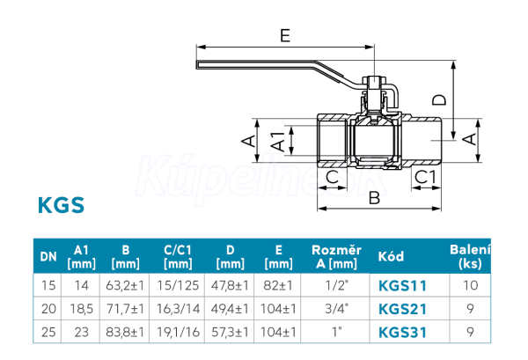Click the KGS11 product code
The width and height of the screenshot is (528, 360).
pyautogui.click(x=402, y=286)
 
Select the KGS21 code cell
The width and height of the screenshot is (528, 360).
pyautogui.click(x=402, y=309)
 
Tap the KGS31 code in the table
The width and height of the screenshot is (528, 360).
pyautogui.click(x=402, y=333)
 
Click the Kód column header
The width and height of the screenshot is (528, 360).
pyautogui.click(x=391, y=257)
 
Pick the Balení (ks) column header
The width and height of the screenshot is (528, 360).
pyautogui.click(x=470, y=257)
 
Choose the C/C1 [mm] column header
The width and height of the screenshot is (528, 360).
pyautogui.click(x=178, y=257)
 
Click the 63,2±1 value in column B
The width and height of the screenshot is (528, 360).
pyautogui.click(x=125, y=285)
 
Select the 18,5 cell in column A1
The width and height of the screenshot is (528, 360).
pyautogui.click(x=81, y=309)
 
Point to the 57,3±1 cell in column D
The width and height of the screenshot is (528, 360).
pyautogui.click(x=230, y=333)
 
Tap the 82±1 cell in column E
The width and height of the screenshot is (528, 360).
pyautogui.click(x=278, y=285)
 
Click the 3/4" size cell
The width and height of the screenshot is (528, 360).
pyautogui.click(x=336, y=309)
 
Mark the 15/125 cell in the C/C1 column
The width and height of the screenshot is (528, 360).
pyautogui.click(x=178, y=285)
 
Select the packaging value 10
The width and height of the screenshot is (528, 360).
pyautogui.click(x=470, y=285)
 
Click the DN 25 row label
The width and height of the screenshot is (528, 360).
pyautogui.click(x=48, y=333)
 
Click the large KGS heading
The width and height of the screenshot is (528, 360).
pyautogui.click(x=61, y=205)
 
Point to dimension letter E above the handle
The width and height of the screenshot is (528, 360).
pyautogui.click(x=285, y=35)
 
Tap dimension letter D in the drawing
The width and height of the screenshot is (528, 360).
pyautogui.click(x=439, y=100)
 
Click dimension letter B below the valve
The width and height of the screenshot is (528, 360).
pyautogui.click(x=374, y=198)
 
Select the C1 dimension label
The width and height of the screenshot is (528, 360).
pyautogui.click(x=425, y=177)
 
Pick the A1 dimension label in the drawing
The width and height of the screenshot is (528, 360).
pyautogui.click(x=278, y=141)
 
